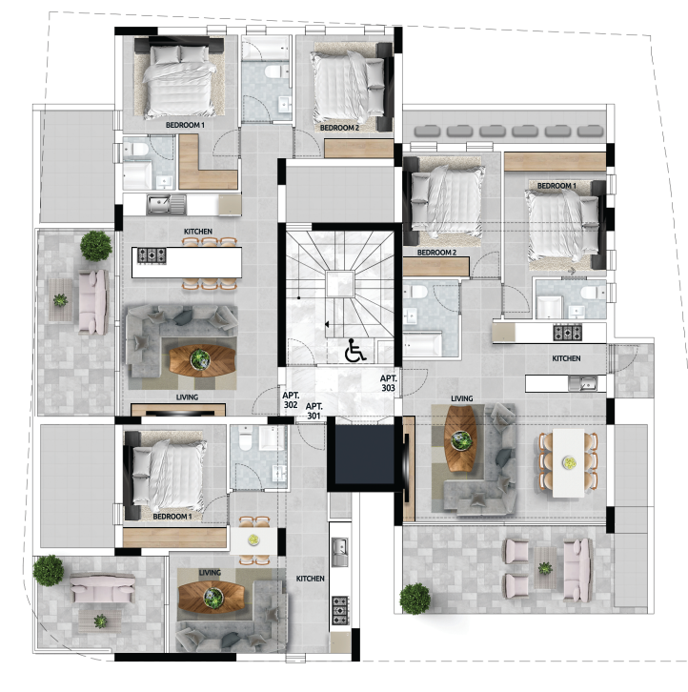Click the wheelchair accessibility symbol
pyautogui.click(x=354, y=350)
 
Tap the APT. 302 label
pyautogui.click(x=291, y=400)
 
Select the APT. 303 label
pyautogui.click(x=389, y=383)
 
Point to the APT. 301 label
pyautogui.click(x=314, y=411)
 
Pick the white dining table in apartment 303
pyautogui.click(x=568, y=462)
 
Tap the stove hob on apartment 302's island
pyautogui.click(x=152, y=256)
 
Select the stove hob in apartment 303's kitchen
pyautogui.click(x=568, y=333)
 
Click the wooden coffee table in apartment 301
pyautogui.click(x=212, y=597)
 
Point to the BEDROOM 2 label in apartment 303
pyautogui.click(x=436, y=253)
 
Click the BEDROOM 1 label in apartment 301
pyautogui.click(x=172, y=516)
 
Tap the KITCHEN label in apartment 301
pyautogui.click(x=311, y=579)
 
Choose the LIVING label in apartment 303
pyautogui.click(x=461, y=398)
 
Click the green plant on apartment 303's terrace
pyautogui.click(x=415, y=599)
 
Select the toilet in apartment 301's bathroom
pyautogui.click(x=244, y=439)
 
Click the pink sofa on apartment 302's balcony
pyautogui.click(x=93, y=302)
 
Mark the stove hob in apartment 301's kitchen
pyautogui.click(x=340, y=610)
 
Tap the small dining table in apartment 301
pyautogui.click(x=253, y=540)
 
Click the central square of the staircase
pyautogui.click(x=340, y=284)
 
